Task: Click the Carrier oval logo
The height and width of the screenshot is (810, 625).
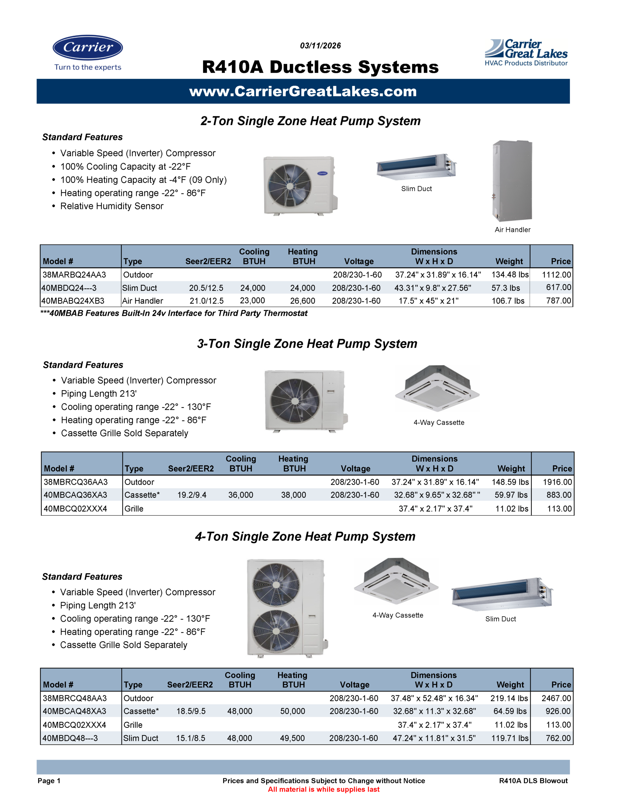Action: [88, 47]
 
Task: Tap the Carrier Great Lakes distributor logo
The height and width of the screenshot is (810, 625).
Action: [526, 53]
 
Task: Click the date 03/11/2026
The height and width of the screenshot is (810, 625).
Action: [320, 46]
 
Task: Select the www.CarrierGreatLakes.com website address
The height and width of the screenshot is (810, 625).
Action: [303, 92]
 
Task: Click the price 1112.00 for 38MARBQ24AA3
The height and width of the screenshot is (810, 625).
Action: [556, 275]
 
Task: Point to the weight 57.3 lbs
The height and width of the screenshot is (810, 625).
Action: [505, 288]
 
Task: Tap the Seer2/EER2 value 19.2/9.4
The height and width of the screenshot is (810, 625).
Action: [191, 495]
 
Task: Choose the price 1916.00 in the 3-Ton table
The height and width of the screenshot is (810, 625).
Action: [557, 482]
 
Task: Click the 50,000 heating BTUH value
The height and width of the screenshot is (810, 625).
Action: [292, 711]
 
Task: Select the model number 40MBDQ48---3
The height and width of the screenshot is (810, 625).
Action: [70, 738]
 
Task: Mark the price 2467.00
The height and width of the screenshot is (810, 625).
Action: [556, 698]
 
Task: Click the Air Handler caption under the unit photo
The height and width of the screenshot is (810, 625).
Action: [513, 230]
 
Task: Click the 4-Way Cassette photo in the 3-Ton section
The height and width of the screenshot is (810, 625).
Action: [437, 388]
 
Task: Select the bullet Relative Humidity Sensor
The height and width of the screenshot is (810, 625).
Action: [112, 206]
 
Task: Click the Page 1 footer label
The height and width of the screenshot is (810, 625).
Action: [49, 781]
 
